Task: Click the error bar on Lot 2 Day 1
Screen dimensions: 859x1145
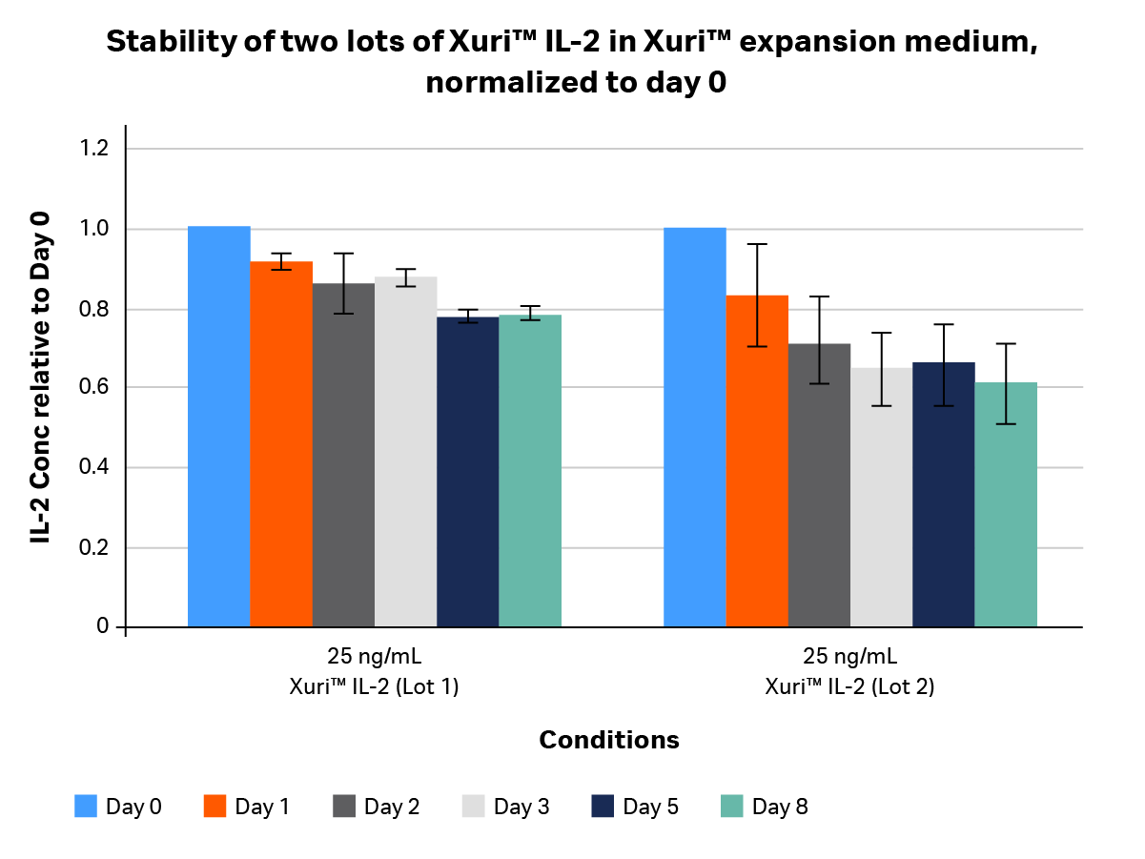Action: pyautogui.click(x=757, y=295)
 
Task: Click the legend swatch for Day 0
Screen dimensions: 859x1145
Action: pyautogui.click(x=87, y=807)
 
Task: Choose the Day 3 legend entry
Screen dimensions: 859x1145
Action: pyautogui.click(x=506, y=807)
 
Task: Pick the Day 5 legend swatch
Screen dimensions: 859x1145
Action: pyautogui.click(x=603, y=807)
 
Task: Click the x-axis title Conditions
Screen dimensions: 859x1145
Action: pyautogui.click(x=609, y=740)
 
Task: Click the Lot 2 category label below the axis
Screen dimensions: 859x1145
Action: pyautogui.click(x=849, y=671)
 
